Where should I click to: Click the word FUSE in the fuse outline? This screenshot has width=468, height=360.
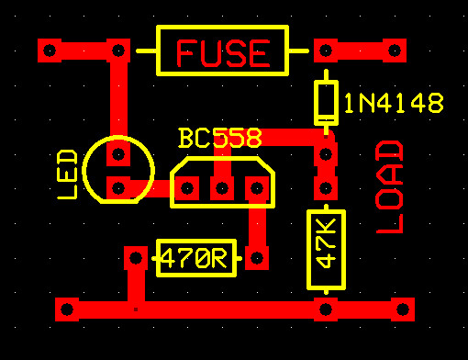click(223, 53)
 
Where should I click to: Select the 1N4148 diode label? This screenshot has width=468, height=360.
click(394, 104)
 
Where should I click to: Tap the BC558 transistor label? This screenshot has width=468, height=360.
click(219, 139)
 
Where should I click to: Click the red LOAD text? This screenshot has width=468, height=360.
click(391, 187)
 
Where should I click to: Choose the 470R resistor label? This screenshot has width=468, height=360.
click(195, 259)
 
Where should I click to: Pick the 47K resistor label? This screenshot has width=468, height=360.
click(326, 242)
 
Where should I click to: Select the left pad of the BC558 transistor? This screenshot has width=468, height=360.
click(187, 189)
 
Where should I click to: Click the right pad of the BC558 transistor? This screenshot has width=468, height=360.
click(256, 189)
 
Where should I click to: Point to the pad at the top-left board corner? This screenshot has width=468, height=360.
click(50, 50)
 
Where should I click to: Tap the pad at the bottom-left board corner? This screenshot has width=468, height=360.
click(67, 309)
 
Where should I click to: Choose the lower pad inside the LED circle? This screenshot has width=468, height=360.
click(117, 188)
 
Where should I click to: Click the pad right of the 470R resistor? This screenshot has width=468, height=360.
click(256, 258)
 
